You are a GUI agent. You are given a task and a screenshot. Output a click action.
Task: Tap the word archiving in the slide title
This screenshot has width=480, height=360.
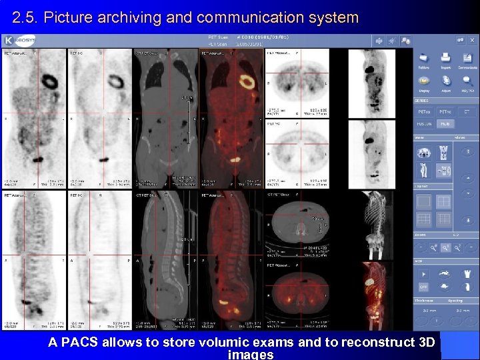point(127,17)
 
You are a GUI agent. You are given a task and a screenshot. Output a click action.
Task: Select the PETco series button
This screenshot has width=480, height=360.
point(425,112)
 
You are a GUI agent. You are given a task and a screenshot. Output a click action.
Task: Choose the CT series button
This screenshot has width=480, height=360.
point(467,112)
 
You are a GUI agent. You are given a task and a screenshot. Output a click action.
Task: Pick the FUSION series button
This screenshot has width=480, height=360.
point(425,124)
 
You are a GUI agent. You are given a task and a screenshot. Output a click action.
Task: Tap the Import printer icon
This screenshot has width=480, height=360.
point(445,60)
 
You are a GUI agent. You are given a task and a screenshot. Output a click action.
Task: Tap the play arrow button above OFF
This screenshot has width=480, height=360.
point(423,273)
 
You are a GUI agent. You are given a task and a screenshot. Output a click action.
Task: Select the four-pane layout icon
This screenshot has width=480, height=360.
point(443,201)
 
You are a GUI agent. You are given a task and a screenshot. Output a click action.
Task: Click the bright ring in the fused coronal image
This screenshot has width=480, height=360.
point(247,83)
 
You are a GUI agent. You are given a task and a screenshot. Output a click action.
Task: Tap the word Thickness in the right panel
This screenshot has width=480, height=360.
point(424,301)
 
